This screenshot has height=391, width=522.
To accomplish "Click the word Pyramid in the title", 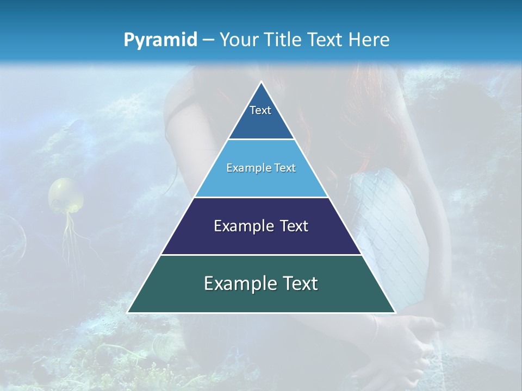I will [160, 40].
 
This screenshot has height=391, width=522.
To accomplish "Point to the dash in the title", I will [208, 40].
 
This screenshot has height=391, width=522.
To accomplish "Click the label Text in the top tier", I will [260, 110].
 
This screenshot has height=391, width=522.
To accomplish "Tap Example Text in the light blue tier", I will [261, 168].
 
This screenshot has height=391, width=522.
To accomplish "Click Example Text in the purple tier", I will [261, 226].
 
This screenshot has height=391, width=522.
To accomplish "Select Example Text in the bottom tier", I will [261, 283].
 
